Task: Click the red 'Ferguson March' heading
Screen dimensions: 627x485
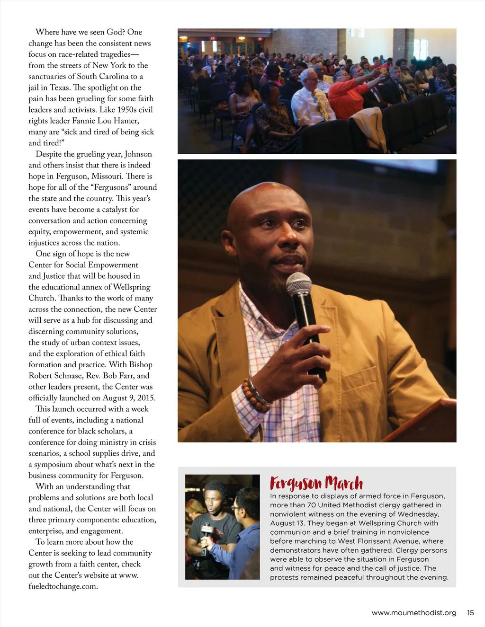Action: click(x=316, y=483)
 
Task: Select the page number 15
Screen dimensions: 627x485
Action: click(x=470, y=613)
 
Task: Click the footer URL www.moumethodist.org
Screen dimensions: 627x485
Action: click(x=414, y=613)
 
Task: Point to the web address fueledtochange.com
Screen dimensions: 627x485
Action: click(x=63, y=586)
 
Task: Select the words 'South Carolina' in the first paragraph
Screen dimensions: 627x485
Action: click(x=102, y=76)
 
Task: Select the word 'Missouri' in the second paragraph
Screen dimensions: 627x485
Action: click(x=109, y=176)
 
